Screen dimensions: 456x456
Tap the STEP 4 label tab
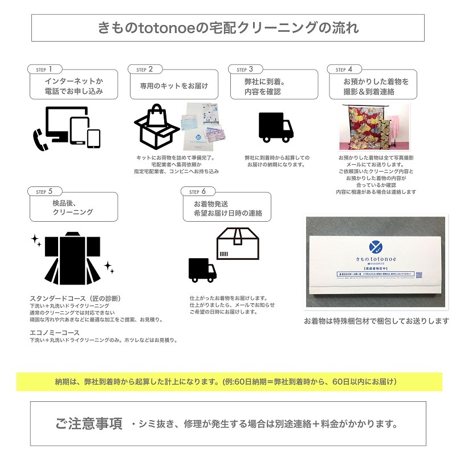(345, 69)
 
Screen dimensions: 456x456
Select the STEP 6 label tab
(196, 192)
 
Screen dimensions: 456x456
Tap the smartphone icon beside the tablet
(94, 137)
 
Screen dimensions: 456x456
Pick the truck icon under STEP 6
(202, 270)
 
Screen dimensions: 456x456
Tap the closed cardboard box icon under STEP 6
(238, 243)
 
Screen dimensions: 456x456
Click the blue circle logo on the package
(376, 247)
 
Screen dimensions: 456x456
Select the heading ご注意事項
(89, 424)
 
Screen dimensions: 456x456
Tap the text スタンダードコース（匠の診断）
(75, 298)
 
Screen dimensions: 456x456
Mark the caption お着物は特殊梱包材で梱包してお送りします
(376, 321)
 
